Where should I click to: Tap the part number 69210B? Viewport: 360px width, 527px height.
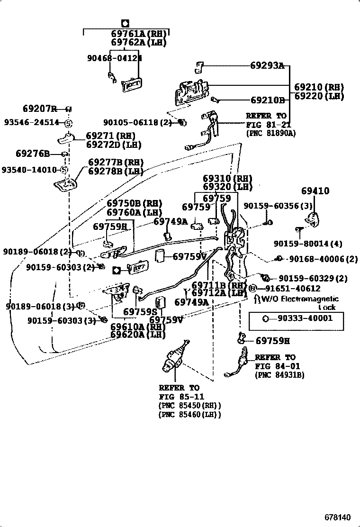(x=267, y=100)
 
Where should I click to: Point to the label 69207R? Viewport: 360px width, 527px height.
(x=40, y=109)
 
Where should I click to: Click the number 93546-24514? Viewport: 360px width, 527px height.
(x=32, y=122)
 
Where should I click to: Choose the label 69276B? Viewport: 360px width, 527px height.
(x=33, y=154)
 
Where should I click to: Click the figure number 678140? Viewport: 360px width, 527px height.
(x=338, y=516)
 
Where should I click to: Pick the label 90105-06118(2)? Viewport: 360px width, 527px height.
(x=137, y=122)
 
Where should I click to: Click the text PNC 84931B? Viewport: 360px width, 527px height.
(x=279, y=374)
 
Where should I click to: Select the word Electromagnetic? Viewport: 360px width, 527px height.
(x=310, y=299)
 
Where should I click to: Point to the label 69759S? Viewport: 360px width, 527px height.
(x=140, y=311)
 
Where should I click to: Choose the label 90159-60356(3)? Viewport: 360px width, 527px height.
(x=278, y=206)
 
